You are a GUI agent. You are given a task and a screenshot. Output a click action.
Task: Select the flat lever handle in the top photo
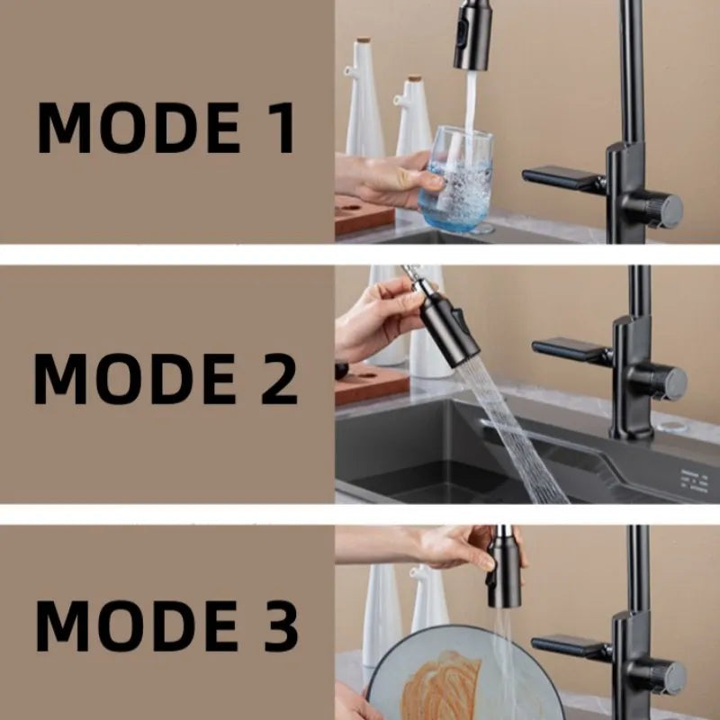pyautogui.click(x=562, y=178)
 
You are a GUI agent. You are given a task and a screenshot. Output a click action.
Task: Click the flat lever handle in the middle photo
pyautogui.click(x=571, y=349)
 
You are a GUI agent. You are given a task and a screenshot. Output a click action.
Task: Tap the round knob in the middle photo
pyautogui.click(x=667, y=382)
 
